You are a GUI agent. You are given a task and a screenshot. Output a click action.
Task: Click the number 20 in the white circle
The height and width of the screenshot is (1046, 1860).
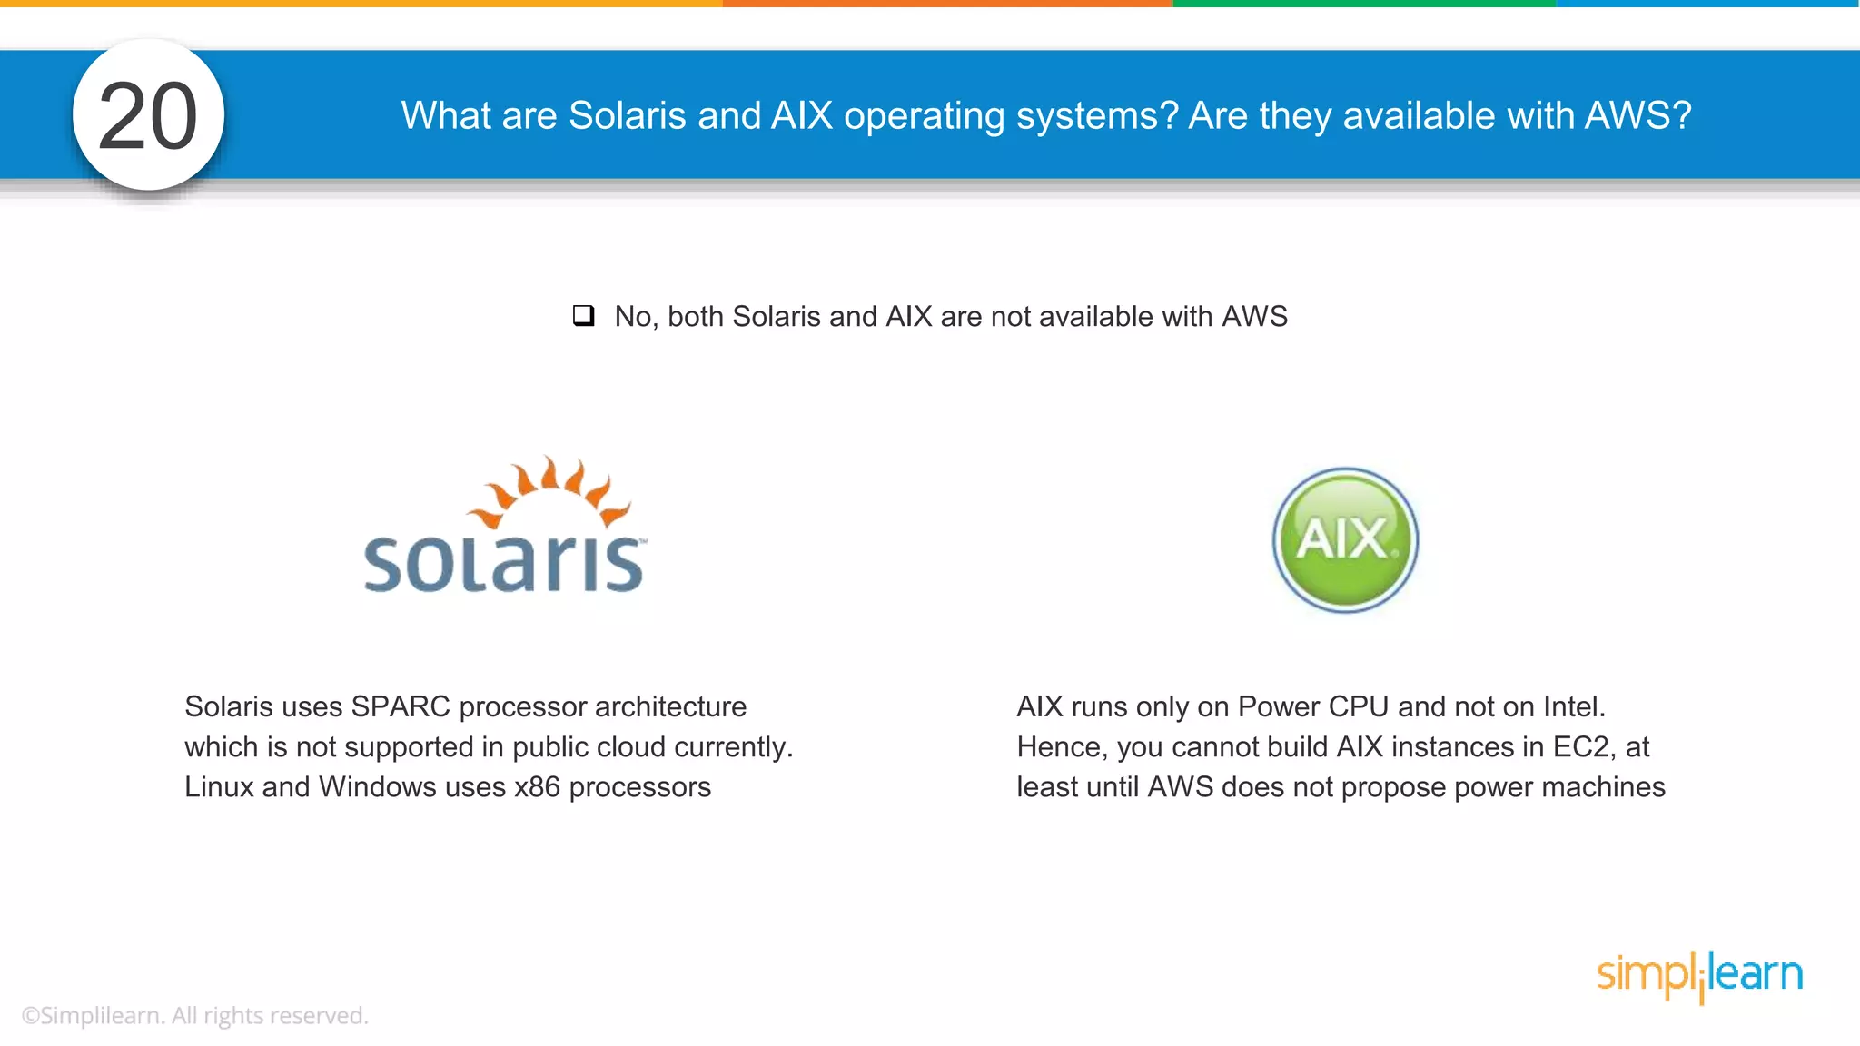click(x=148, y=116)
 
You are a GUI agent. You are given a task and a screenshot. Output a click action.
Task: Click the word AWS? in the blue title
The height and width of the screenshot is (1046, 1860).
click(x=1637, y=116)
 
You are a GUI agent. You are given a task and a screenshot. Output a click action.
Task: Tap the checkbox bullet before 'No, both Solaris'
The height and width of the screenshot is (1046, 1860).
click(x=583, y=316)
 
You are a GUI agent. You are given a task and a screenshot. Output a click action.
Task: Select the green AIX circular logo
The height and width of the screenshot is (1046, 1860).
click(x=1345, y=540)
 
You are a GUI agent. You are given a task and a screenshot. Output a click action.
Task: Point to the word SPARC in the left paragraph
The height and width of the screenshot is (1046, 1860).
click(x=401, y=706)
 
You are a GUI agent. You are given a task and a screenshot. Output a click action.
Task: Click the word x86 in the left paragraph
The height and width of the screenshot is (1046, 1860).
click(x=537, y=786)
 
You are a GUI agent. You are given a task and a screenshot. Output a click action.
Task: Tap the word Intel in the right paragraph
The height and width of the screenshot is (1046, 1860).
click(x=1574, y=706)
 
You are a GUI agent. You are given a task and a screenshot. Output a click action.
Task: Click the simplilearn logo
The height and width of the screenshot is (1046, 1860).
click(x=1699, y=975)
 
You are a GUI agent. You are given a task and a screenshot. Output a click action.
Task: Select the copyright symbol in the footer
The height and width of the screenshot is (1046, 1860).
click(x=30, y=1016)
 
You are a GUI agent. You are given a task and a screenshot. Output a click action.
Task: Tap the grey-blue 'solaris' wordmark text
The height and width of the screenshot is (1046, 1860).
click(x=504, y=564)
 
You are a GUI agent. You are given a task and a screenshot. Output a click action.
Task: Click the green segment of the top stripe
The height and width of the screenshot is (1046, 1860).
click(x=1364, y=4)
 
